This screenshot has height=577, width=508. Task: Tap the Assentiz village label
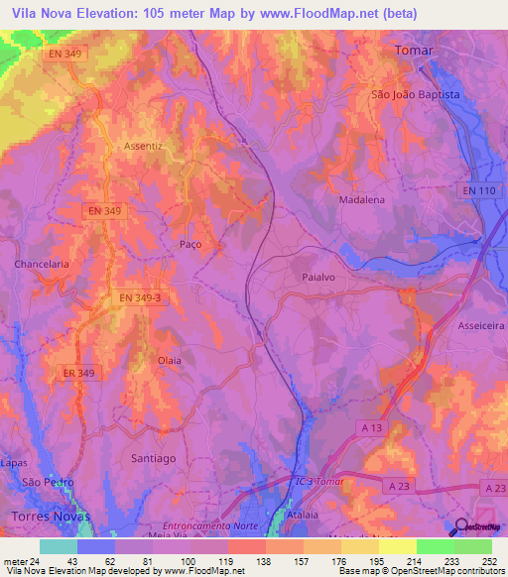tap(142, 146)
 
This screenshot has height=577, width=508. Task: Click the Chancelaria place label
tap(42, 265)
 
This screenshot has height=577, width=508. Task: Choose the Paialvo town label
tap(321, 279)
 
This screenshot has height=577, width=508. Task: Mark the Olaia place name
tap(170, 361)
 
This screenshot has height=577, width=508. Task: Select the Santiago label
tap(154, 458)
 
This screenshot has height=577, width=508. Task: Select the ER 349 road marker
tap(74, 373)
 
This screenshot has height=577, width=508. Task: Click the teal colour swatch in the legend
tap(59, 546)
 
